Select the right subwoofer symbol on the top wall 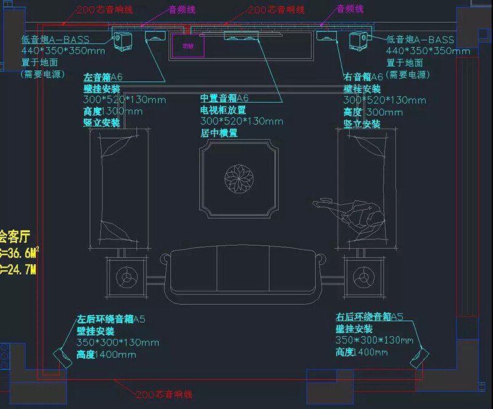[358, 41]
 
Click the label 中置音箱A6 [224, 99]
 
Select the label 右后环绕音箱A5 [369, 317]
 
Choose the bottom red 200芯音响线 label [165, 395]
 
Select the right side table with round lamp [361, 277]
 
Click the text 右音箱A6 [363, 77]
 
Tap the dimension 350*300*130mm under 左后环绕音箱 [118, 343]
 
